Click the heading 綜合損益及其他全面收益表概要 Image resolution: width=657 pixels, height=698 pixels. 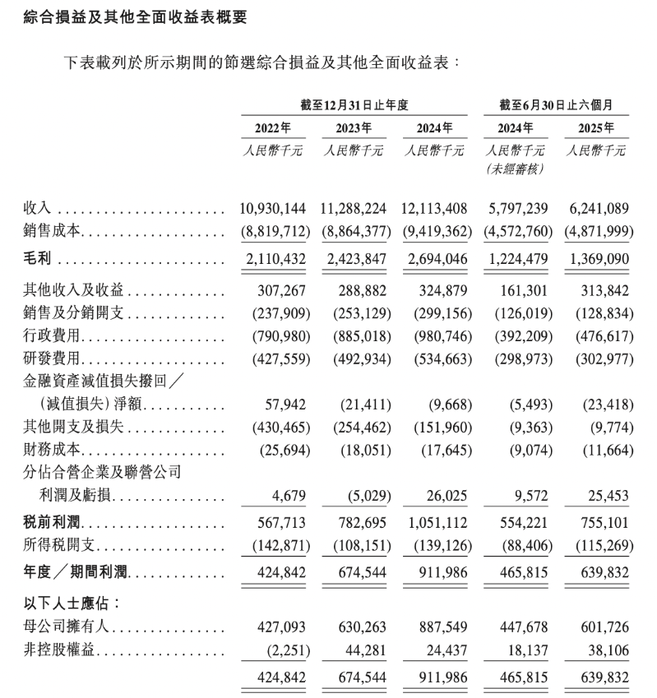tap(130, 16)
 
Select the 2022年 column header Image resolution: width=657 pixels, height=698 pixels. tap(273, 127)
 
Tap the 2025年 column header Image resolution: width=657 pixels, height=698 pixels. tap(598, 127)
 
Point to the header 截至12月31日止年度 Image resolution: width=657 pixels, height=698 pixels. tap(354, 104)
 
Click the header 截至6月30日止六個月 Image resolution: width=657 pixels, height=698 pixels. tap(558, 104)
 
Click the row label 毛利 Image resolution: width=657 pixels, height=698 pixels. tap(38, 258)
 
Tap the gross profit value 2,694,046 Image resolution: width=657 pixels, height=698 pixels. tap(436, 258)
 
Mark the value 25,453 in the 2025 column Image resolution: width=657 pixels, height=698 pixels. tap(609, 497)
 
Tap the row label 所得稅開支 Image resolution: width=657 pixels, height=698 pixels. tap(57, 546)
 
